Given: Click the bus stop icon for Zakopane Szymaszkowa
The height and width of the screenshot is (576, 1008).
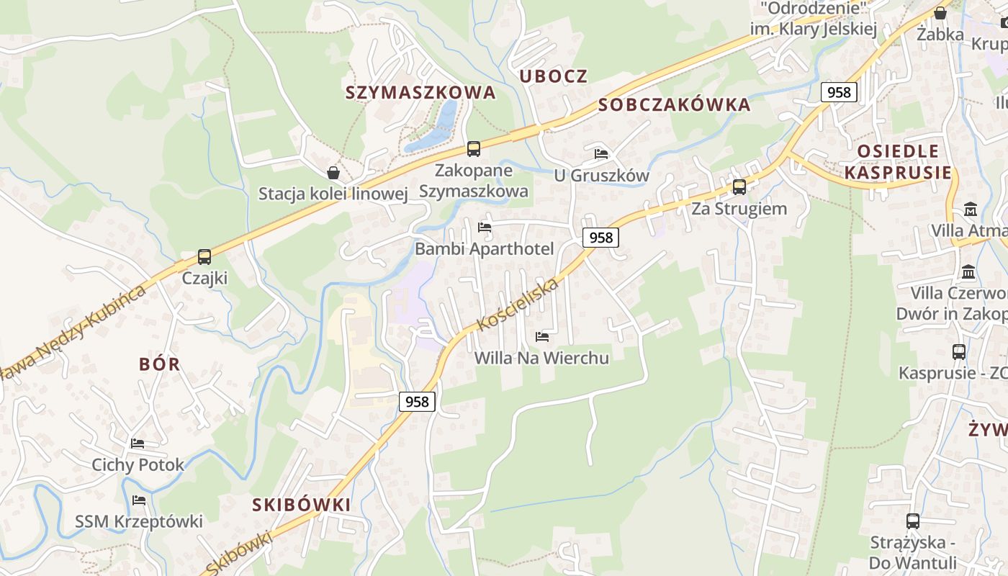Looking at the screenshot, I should [473, 149].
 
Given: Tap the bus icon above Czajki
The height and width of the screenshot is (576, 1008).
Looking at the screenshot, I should [204, 257].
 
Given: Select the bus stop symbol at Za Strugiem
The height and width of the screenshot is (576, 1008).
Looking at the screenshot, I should [739, 187].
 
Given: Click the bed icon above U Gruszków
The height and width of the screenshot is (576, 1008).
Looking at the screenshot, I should [601, 153].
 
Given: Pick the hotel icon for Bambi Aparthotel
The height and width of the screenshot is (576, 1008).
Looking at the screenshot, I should [485, 228].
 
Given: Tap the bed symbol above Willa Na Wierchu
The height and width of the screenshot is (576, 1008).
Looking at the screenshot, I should [542, 336].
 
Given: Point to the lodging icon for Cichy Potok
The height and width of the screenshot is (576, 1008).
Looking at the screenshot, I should [138, 443].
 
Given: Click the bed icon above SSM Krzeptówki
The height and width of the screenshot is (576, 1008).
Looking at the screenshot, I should [139, 500].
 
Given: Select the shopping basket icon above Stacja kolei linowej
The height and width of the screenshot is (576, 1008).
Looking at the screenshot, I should [333, 173].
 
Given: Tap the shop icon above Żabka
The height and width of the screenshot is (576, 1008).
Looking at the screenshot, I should [940, 13].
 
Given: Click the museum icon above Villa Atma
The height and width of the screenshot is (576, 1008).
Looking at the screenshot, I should [970, 210].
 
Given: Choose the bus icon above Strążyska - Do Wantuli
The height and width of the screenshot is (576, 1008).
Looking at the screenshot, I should [912, 521].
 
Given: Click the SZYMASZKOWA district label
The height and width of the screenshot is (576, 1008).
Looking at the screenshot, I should [420, 92].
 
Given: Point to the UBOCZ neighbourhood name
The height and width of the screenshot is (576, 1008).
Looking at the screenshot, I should [554, 76].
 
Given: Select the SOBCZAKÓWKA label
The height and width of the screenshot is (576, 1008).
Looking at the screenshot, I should [675, 104].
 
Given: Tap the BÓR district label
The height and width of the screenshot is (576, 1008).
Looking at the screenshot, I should [160, 364].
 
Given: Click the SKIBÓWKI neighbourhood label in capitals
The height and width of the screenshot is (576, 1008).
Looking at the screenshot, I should [302, 505].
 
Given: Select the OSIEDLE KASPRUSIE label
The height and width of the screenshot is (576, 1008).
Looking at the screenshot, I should [898, 162].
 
